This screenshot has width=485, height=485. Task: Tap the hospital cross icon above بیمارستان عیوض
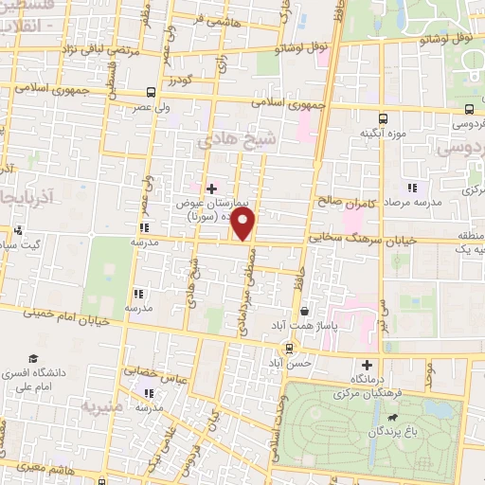(x=211, y=189)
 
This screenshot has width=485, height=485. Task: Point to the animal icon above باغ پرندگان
(x=407, y=415)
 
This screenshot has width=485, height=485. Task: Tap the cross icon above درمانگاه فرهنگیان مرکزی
(x=368, y=365)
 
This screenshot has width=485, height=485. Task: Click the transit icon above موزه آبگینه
(x=383, y=119)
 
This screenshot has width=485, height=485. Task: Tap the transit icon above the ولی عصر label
(x=150, y=93)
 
